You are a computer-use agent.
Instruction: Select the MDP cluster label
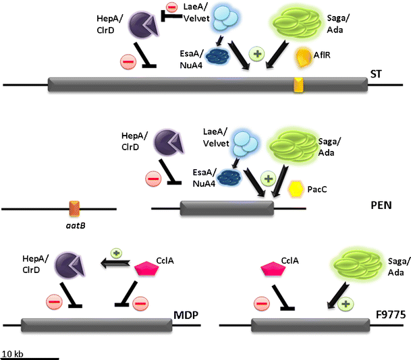pyautogui.click(x=186, y=313)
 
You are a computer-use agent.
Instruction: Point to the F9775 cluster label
pyautogui.click(x=389, y=313)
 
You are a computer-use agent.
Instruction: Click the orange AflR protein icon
pyautogui.click(x=304, y=61)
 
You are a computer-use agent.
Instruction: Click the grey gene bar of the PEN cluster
pyautogui.click(x=227, y=208)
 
